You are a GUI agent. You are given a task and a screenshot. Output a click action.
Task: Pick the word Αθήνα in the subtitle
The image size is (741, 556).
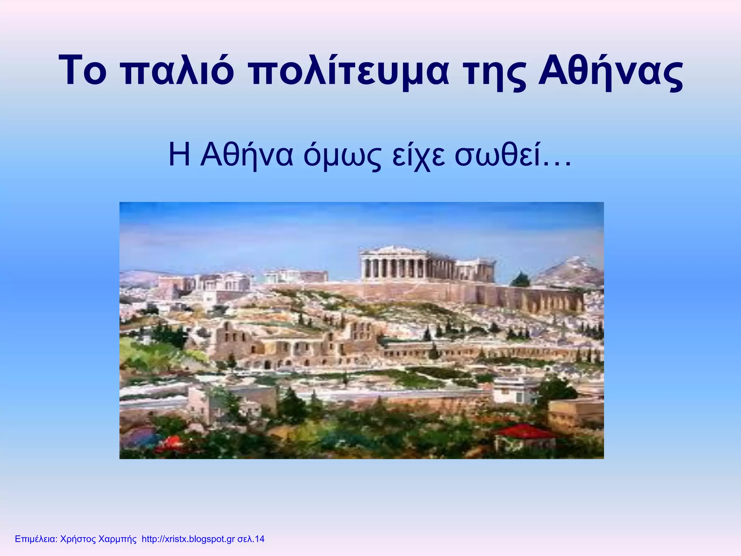pos(246,156)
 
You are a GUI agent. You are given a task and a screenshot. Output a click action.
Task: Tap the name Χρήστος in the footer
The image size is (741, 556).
pos(79,539)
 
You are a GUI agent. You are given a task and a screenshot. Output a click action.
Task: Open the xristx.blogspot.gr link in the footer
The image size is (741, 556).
pos(188,539)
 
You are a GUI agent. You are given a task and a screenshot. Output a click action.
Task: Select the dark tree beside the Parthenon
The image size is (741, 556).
pos(520,279)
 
